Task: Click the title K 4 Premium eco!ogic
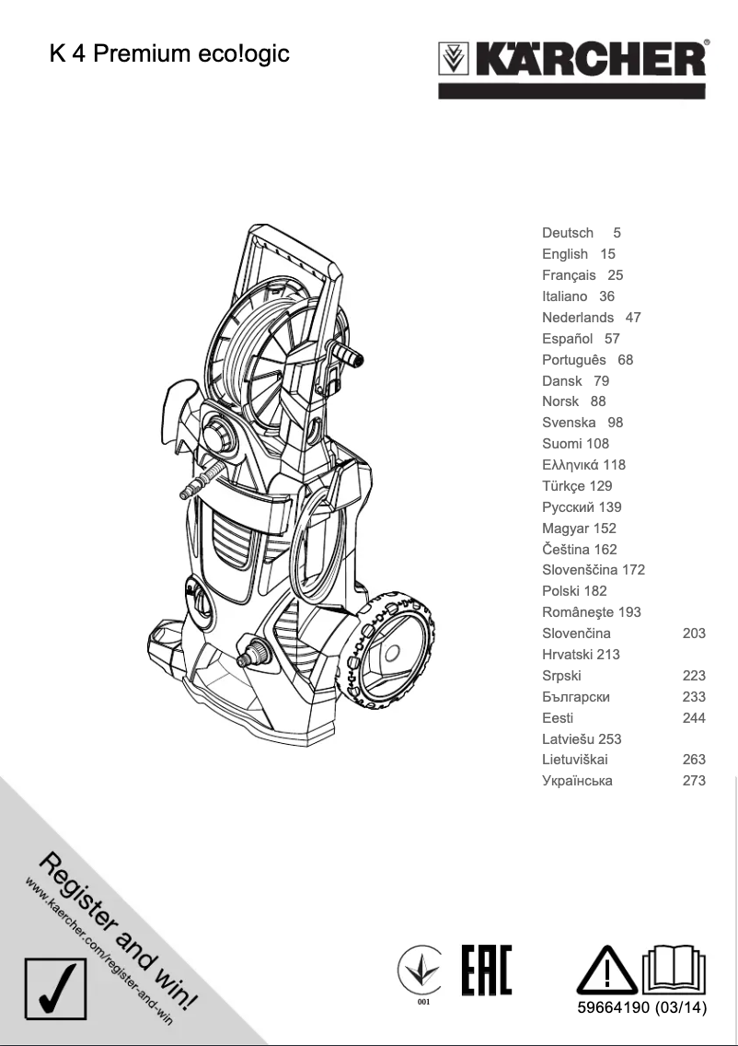click(169, 54)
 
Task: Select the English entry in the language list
click(565, 254)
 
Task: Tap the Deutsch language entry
click(568, 233)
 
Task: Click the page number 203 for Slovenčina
click(694, 633)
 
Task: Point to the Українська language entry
click(577, 781)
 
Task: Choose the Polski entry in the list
click(561, 591)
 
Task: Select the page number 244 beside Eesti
click(694, 718)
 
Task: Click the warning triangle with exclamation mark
click(605, 970)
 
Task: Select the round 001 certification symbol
click(422, 974)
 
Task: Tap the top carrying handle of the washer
click(290, 241)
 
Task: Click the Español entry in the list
click(567, 338)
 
